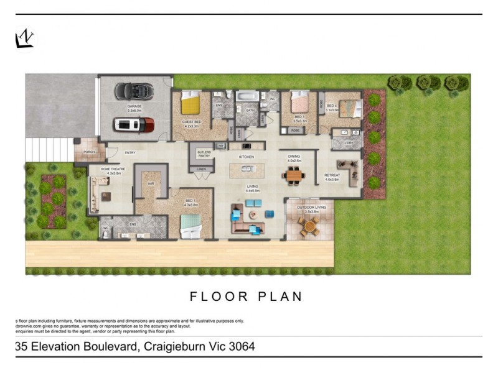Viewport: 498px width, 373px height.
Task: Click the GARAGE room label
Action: (x=134, y=106)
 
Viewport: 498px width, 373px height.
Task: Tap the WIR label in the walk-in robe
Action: (x=151, y=184)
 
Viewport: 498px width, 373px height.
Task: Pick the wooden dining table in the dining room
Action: (x=294, y=175)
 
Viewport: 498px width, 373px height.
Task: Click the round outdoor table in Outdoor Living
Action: (x=308, y=226)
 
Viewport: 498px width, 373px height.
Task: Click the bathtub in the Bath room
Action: (x=248, y=97)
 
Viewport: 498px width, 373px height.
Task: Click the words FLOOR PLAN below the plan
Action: (x=246, y=296)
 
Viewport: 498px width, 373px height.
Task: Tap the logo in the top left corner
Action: (x=24, y=39)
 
